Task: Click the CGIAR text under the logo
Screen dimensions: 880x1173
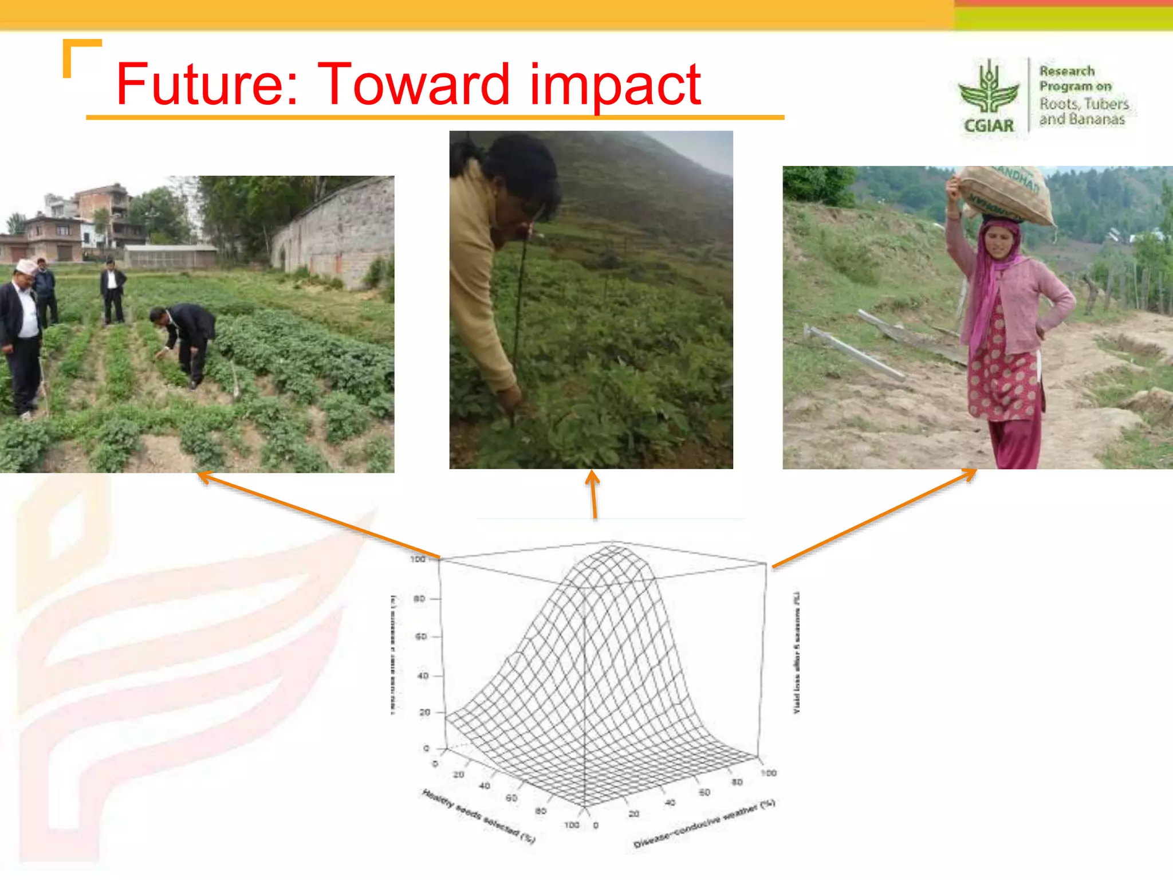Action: tap(989, 125)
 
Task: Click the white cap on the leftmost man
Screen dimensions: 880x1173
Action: tap(25, 266)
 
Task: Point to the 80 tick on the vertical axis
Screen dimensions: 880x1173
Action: tap(420, 599)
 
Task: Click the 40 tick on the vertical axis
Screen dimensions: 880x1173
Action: tap(423, 675)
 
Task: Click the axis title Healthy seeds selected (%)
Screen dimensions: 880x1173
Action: tap(479, 817)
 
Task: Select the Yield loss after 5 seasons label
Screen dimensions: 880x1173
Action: tap(796, 653)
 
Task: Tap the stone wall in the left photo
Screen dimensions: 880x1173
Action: tap(338, 229)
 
